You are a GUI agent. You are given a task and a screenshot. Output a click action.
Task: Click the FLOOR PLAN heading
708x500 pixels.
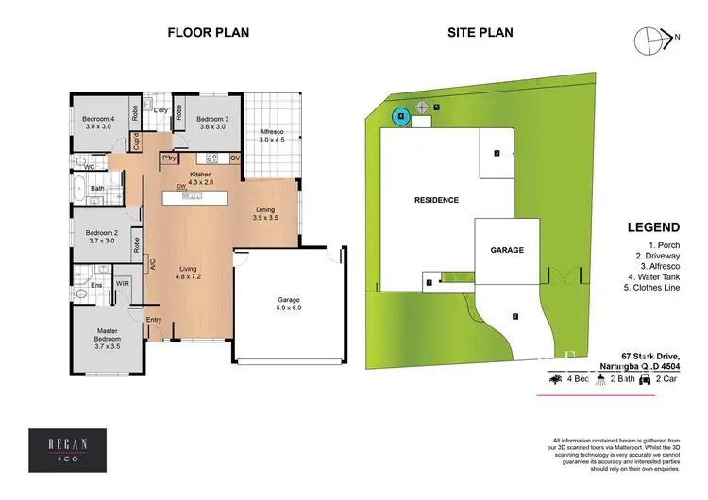click(x=208, y=32)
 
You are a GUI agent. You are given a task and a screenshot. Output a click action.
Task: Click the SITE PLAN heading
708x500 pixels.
click(x=480, y=32)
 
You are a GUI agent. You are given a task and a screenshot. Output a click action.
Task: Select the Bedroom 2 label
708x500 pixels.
click(x=101, y=236)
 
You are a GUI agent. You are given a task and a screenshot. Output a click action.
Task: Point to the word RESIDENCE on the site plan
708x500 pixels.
click(x=435, y=200)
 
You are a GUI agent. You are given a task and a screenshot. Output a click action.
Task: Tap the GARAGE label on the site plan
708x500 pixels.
click(x=506, y=251)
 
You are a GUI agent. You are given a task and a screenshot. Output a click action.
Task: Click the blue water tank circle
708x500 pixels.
click(x=400, y=116)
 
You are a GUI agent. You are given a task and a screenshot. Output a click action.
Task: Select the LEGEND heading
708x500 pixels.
click(x=653, y=227)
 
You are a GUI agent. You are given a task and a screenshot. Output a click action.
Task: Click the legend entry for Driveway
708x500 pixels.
click(x=657, y=257)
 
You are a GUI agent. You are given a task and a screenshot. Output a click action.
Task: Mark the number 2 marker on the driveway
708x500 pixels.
click(x=515, y=316)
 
